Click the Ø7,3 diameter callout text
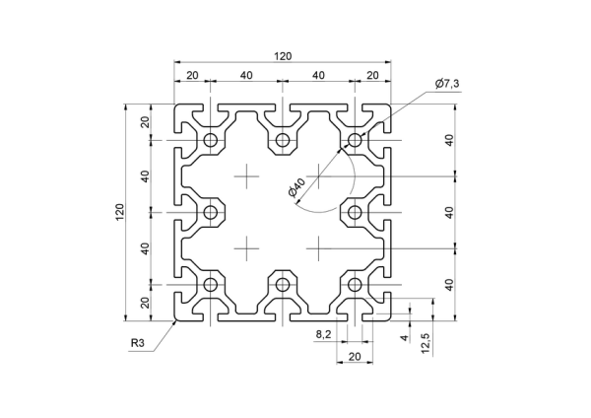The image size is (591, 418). point(447,84)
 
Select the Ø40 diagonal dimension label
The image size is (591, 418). point(296,188)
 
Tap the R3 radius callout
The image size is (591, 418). point(138,343)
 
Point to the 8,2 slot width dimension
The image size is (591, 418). point(323,334)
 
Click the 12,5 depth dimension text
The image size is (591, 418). point(426,343)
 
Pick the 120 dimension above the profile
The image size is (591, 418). point(283,56)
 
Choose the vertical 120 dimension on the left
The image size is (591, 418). point(120,212)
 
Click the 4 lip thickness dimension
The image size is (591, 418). point(404,337)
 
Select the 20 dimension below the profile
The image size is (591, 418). point(355,357)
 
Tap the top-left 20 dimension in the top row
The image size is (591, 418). point(192,76)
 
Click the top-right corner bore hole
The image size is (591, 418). point(355,140)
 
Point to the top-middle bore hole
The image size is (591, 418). point(283,140)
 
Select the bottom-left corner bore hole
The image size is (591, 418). point(211,285)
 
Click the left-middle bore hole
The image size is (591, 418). point(211,212)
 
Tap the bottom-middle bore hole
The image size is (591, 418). point(283,285)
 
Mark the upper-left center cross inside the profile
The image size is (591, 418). point(246,176)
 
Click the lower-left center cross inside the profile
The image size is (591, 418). point(246,248)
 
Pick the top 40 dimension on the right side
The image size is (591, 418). point(449,140)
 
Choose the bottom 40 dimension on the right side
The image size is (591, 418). point(449,285)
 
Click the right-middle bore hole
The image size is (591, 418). point(355,212)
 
